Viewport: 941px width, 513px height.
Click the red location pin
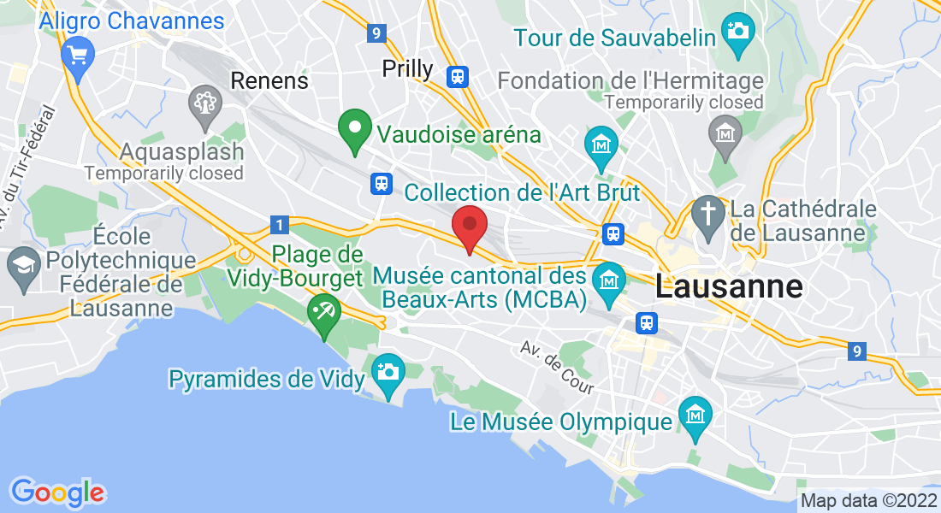point(469,225)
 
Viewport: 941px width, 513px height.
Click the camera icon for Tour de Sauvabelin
point(737,32)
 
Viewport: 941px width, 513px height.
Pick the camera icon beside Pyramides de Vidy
point(388,372)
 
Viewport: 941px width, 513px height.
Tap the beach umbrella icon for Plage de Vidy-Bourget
point(325,311)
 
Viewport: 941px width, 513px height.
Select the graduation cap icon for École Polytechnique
point(23,262)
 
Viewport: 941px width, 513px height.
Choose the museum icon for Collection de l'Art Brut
point(601,144)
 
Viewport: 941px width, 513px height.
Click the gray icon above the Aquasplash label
point(205,103)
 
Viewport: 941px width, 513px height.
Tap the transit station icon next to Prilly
point(458,76)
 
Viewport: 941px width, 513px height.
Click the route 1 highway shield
point(279,225)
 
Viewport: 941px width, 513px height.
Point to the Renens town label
point(269,81)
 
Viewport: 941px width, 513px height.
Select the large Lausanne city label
point(729,286)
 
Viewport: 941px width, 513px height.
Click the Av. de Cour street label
point(557,369)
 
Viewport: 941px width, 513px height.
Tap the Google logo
point(56,492)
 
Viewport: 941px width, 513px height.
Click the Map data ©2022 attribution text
point(867,501)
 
